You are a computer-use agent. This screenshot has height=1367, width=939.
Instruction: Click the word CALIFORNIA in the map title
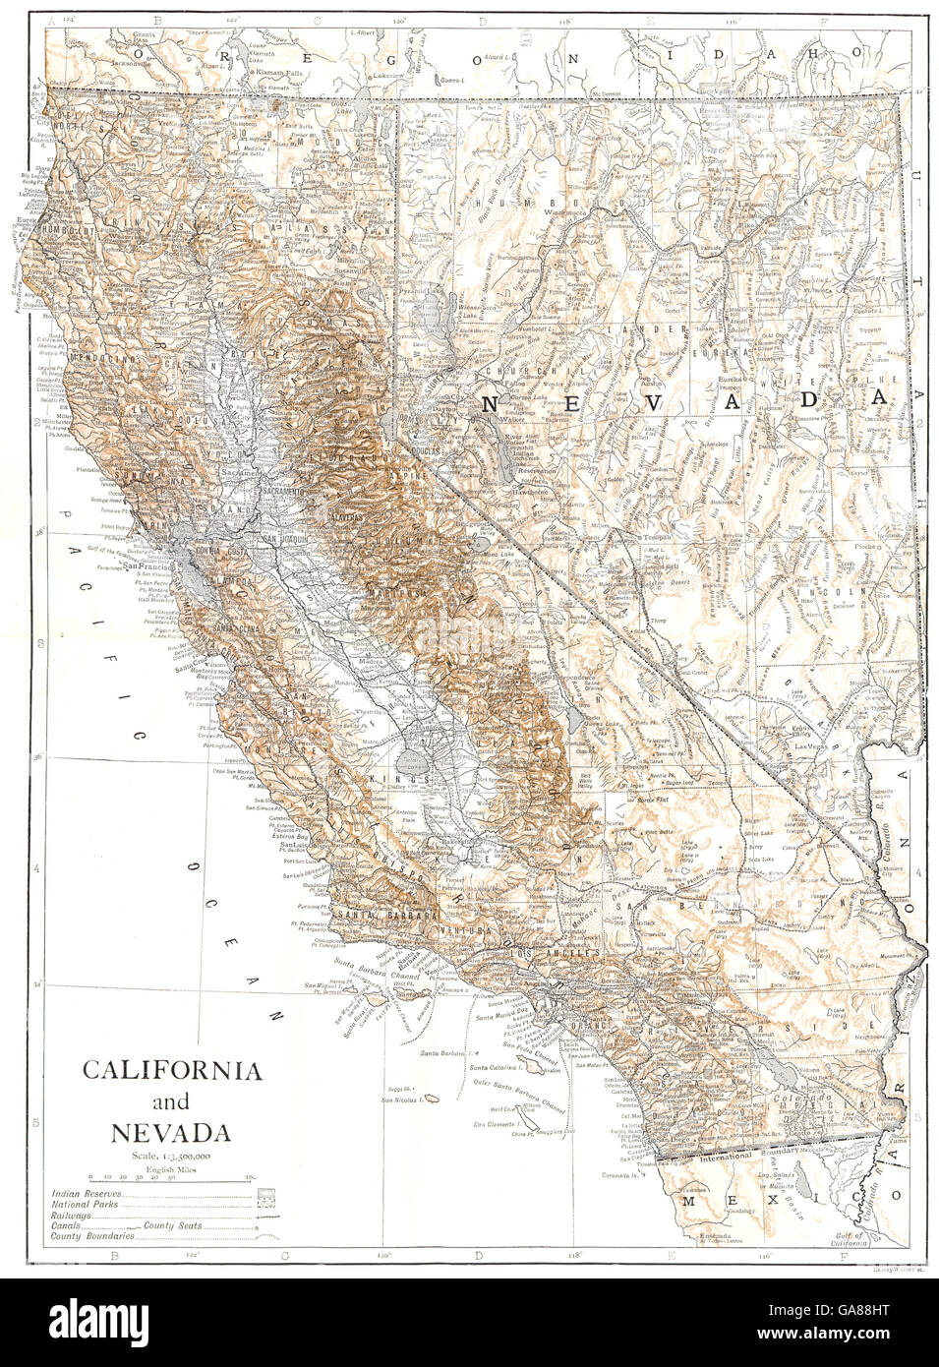point(171,1071)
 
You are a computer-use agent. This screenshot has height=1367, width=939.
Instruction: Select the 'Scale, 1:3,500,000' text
point(171,1156)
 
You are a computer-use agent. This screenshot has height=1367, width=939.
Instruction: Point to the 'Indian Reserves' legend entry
point(88,1196)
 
